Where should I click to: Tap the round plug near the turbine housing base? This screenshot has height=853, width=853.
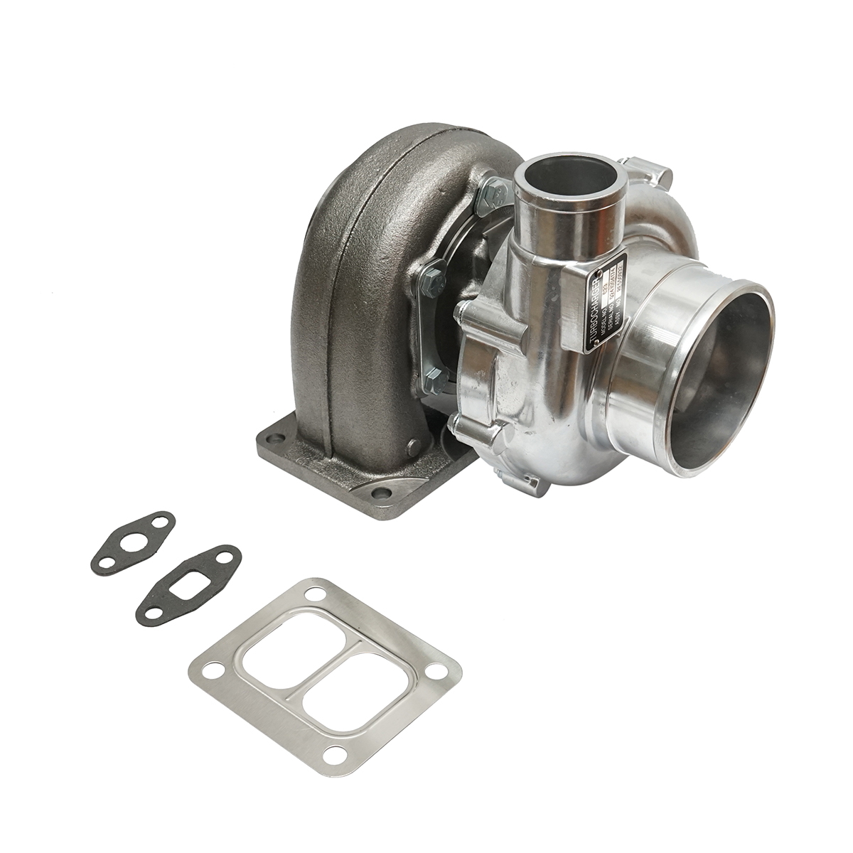click(412, 447)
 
